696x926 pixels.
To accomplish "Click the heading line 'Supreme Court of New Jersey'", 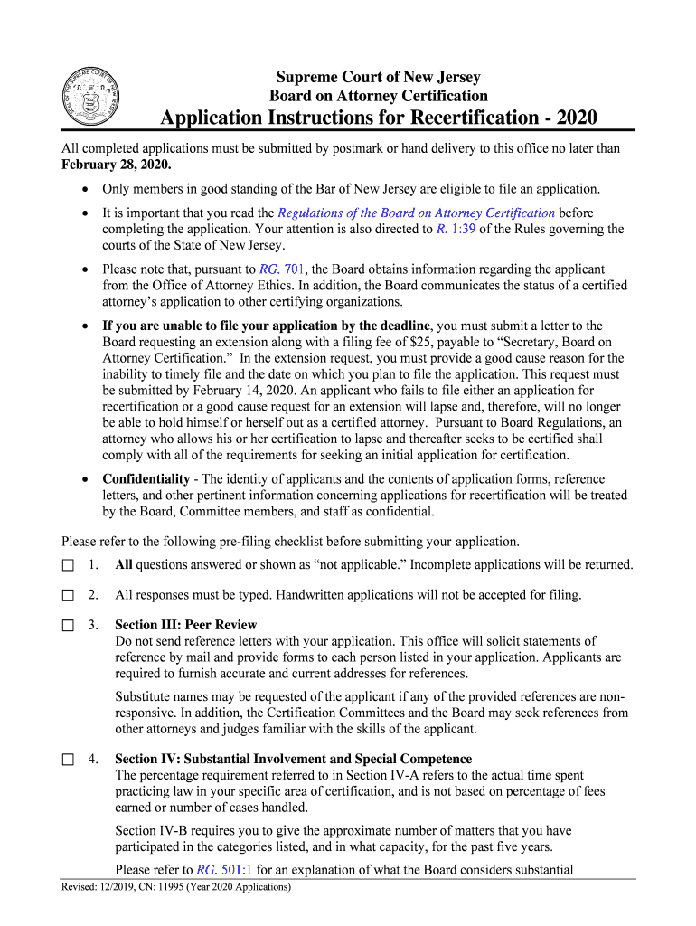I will [x=378, y=78].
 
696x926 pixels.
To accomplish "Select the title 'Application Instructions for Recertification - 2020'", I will [x=378, y=119].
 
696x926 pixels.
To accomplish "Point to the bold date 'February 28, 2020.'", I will [x=116, y=165].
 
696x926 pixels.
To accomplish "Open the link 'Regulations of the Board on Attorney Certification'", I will [x=416, y=213].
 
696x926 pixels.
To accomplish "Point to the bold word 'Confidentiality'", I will [x=146, y=478].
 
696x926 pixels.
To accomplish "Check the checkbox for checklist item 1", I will [x=68, y=565].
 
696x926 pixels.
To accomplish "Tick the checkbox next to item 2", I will [x=68, y=595].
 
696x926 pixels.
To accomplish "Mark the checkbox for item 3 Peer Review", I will [x=68, y=625].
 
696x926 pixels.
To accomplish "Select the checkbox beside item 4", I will [x=68, y=759].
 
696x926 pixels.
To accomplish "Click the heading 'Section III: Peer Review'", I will [x=185, y=625].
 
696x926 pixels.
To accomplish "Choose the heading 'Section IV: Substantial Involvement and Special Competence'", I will [x=293, y=759].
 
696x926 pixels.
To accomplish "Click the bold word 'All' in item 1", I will [x=124, y=565].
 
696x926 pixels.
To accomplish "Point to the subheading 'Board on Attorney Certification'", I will [x=378, y=96].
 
